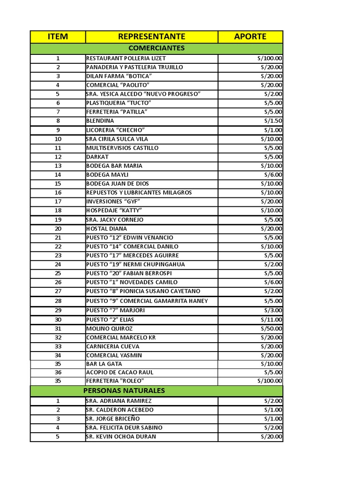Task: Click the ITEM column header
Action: click(x=58, y=37)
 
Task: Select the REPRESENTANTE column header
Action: click(x=151, y=37)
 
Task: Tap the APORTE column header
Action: click(x=250, y=37)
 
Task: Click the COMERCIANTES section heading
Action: click(x=157, y=48)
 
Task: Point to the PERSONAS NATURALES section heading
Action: click(x=124, y=390)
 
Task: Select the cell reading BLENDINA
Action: click(x=100, y=121)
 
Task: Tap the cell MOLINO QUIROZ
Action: click(x=110, y=329)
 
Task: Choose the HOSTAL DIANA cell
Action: click(x=106, y=229)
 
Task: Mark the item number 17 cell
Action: click(x=58, y=202)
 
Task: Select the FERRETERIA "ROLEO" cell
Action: click(x=115, y=381)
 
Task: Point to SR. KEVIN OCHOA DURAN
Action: click(x=121, y=436)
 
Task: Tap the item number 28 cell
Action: click(x=58, y=301)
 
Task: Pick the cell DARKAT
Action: click(x=97, y=157)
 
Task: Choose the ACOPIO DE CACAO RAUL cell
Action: click(x=120, y=372)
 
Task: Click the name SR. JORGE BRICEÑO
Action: click(x=113, y=419)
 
